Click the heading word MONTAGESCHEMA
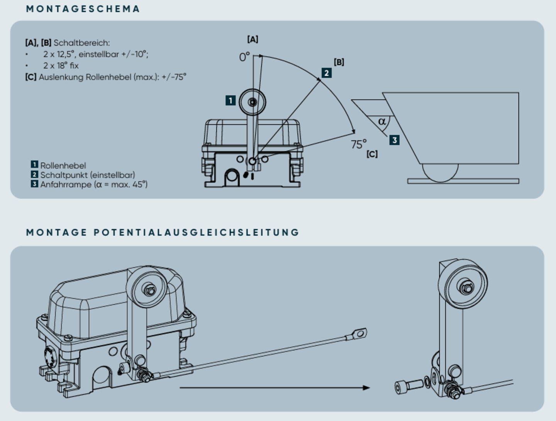83,9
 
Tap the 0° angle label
244,57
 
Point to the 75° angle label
359,144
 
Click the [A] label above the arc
253,39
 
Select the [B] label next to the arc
339,62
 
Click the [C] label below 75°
372,154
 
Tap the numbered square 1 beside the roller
231,100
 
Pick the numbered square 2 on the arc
326,73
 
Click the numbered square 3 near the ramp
394,140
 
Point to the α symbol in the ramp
382,121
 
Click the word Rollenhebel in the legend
63,166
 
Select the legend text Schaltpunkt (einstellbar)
88,175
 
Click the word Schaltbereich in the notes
81,42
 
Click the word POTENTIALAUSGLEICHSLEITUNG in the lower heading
197,233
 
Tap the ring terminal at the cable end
360,333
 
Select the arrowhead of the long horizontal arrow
366,387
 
